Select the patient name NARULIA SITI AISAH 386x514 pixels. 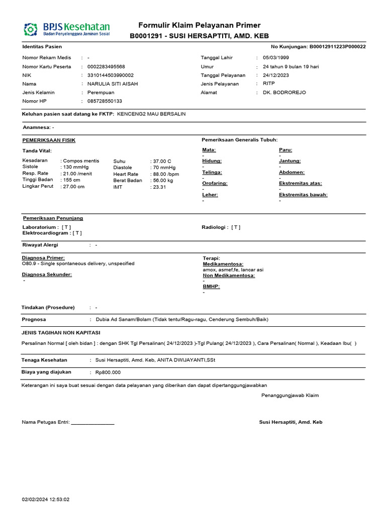[113, 84]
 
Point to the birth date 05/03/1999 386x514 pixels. [276, 58]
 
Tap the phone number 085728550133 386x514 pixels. [105, 101]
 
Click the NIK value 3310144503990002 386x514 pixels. [111, 75]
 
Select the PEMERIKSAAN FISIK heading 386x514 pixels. [49, 140]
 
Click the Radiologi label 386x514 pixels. [215, 227]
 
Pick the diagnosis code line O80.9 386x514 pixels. [78, 264]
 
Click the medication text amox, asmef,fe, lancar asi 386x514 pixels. [233, 270]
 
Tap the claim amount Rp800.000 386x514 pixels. [108, 372]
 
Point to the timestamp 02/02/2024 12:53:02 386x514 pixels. [45, 499]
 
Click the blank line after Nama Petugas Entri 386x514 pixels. [92, 423]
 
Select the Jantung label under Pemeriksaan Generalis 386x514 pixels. [289, 161]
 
